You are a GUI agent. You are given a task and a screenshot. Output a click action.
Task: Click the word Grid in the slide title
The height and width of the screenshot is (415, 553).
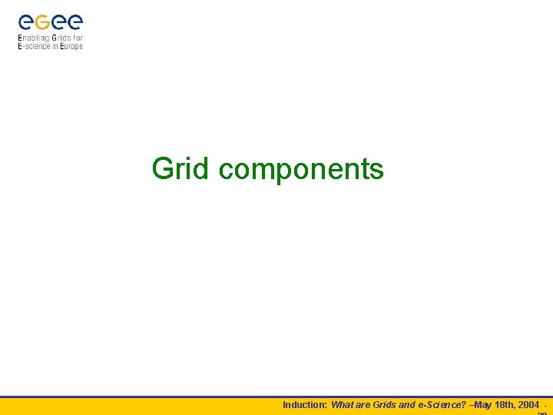[x=180, y=168]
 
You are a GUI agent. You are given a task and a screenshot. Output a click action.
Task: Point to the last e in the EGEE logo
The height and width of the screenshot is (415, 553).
[x=75, y=23]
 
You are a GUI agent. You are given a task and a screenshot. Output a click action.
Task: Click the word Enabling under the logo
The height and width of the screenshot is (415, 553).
[x=34, y=38]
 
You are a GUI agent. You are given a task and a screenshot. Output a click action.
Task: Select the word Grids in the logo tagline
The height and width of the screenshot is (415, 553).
[x=62, y=38]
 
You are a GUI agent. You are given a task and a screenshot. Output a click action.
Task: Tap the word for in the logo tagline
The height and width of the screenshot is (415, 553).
[x=78, y=38]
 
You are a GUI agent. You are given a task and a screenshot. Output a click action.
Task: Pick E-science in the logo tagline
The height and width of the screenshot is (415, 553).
[x=35, y=46]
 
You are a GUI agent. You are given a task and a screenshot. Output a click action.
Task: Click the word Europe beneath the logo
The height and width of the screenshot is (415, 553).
[x=71, y=46]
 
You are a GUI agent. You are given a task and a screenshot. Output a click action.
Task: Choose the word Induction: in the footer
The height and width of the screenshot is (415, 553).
[x=305, y=404]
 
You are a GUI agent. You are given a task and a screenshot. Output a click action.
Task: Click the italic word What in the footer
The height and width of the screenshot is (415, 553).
[x=343, y=404]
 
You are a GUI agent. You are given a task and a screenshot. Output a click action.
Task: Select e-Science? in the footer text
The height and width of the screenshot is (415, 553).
[x=442, y=404]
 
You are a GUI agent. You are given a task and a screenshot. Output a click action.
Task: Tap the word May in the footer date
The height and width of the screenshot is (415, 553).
[x=484, y=404]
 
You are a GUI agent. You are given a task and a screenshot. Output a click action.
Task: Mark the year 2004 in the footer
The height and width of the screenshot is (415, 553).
[x=528, y=404]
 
